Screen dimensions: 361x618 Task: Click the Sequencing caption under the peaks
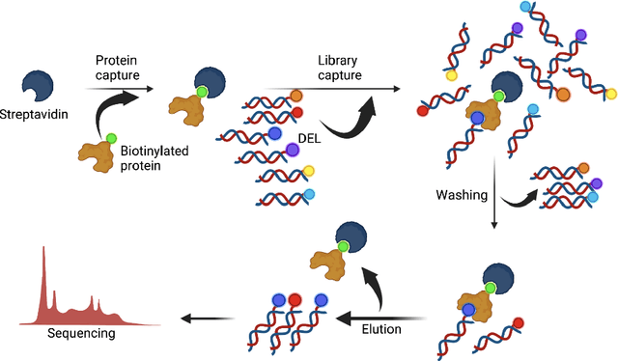coord(81,334)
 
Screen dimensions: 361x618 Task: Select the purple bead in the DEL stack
coord(294,151)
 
